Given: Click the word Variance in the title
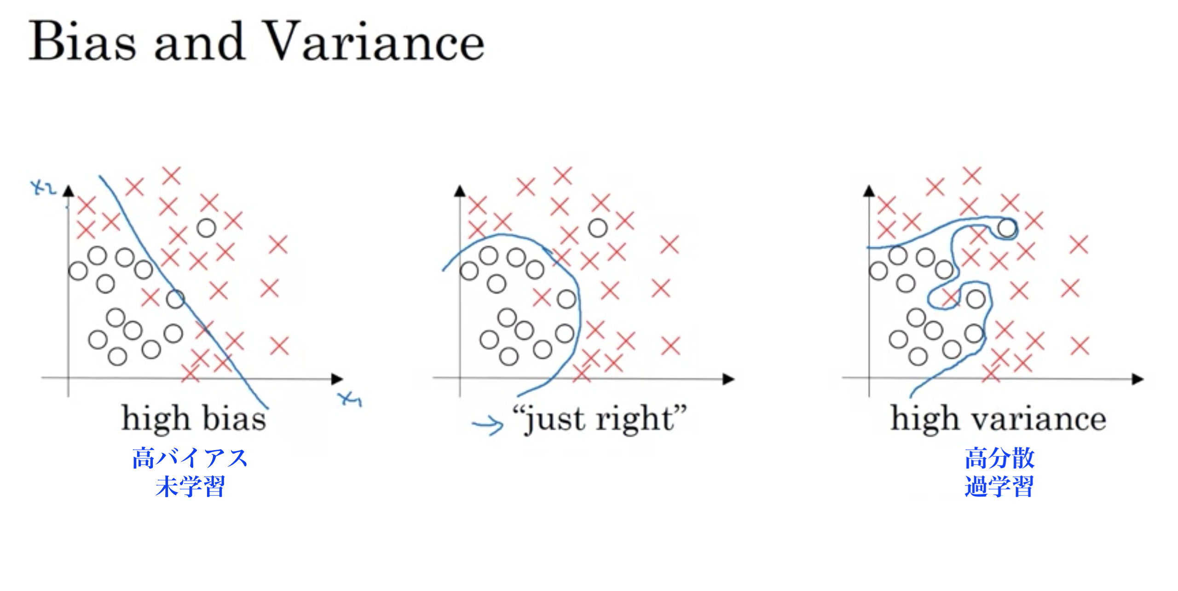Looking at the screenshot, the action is [375, 41].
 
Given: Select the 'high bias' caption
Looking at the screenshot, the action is [194, 418].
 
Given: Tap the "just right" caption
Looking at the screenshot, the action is [599, 418].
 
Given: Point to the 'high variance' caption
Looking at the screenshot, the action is [999, 418].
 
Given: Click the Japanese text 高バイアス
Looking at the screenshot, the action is [190, 458].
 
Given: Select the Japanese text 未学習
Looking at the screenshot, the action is [190, 486].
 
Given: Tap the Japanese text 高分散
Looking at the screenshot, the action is [999, 458].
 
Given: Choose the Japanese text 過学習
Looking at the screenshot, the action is [999, 486].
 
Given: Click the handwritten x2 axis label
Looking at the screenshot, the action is [43, 188].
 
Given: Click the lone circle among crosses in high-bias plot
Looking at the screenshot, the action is [206, 228].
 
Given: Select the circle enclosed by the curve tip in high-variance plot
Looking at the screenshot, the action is [1007, 228].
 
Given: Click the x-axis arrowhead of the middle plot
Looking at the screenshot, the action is [728, 379].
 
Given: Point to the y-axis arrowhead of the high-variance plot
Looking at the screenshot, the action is [869, 191].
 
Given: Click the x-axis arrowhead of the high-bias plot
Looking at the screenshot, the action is [337, 379].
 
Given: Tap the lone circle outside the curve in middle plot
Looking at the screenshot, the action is [598, 228].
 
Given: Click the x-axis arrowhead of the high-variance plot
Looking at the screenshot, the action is [1138, 379].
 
